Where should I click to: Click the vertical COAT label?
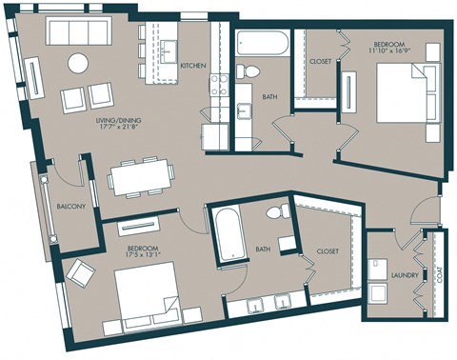pyautogui.click(x=440, y=276)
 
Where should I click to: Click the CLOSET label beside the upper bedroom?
pyautogui.click(x=321, y=62)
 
